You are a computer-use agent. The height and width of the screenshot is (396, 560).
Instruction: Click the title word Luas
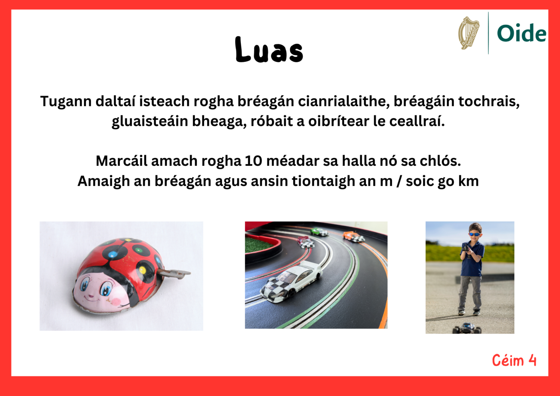coord(269,50)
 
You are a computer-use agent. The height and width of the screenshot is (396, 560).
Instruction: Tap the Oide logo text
coord(521,34)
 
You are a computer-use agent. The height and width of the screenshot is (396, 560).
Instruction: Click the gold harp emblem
coord(469,33)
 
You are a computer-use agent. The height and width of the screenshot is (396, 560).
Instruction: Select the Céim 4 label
coord(514,361)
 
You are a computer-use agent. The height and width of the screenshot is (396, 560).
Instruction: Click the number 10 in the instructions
coord(253,161)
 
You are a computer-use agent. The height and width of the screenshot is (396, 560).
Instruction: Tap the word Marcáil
coord(121,161)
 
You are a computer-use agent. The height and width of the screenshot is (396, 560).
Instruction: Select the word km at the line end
coord(469,181)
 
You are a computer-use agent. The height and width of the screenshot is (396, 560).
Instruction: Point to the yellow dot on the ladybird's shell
coord(142,269)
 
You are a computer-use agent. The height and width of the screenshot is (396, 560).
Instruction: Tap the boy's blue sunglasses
coord(474,234)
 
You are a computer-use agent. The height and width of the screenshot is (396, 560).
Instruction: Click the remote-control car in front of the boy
coord(467,328)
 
